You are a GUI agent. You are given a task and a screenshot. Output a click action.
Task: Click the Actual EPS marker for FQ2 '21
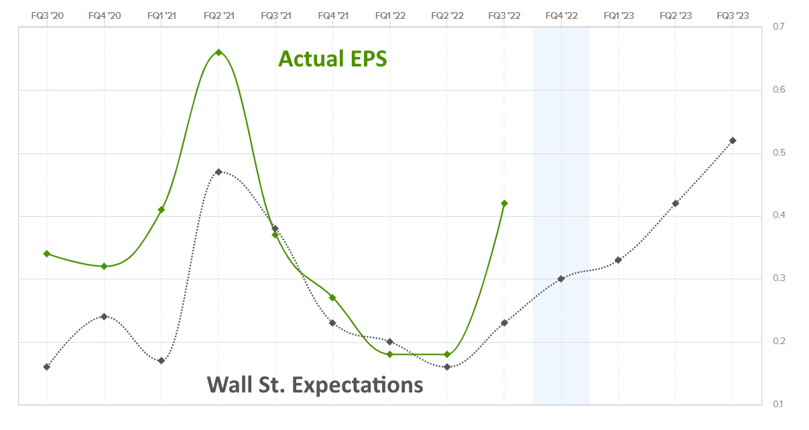tap(219, 52)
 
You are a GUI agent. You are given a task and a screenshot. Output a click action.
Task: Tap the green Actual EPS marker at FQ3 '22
tap(504, 203)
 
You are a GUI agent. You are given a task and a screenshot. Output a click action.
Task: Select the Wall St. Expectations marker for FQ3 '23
tap(733, 140)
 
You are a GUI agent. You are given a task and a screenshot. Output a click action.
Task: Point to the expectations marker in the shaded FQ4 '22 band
tap(561, 278)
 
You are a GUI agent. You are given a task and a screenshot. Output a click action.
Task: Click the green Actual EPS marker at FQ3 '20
tap(47, 254)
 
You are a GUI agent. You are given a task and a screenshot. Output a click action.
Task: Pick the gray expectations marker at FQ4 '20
tap(104, 316)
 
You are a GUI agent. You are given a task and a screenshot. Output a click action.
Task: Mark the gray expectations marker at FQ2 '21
tap(219, 172)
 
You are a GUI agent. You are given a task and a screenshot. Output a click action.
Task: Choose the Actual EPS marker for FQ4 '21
tap(332, 297)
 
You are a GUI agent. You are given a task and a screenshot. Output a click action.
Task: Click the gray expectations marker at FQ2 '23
tap(676, 203)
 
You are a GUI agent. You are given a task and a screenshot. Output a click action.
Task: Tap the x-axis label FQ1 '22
tap(390, 15)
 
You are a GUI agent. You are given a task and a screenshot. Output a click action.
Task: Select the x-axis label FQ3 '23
tap(733, 15)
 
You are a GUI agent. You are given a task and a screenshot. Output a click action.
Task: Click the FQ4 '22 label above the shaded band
tap(561, 15)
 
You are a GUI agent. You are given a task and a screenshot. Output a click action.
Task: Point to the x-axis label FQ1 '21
tap(162, 15)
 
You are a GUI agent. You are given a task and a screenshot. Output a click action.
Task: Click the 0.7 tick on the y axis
tap(778, 27)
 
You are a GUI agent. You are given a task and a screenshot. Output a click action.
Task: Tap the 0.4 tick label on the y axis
tap(778, 215)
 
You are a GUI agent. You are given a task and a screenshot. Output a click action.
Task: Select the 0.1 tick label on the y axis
tap(778, 404)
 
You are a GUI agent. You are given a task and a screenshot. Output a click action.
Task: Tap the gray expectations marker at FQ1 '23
tap(618, 260)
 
